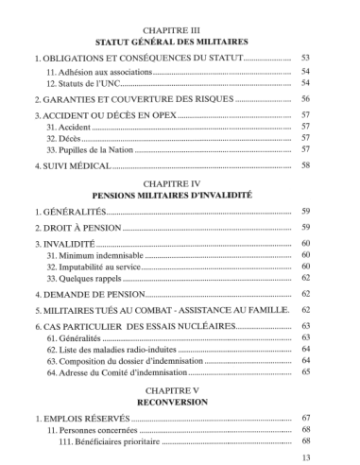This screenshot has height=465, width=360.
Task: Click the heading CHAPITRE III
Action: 180,29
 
